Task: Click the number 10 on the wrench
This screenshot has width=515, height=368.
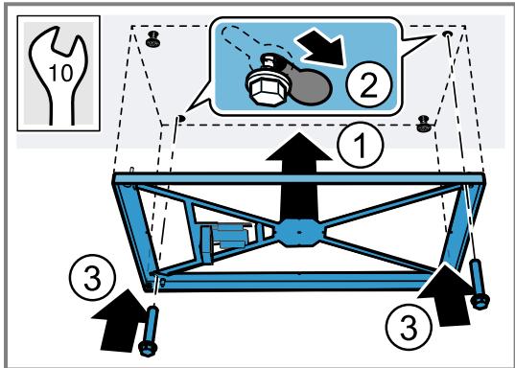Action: tap(61, 73)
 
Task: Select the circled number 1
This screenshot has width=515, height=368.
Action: tap(361, 145)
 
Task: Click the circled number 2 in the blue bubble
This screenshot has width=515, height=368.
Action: tap(369, 84)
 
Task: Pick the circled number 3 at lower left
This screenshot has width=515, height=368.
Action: tap(92, 277)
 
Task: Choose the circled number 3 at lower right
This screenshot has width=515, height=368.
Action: tap(409, 327)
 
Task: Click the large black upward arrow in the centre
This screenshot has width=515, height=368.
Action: tap(299, 177)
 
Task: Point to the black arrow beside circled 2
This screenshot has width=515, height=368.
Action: tap(321, 48)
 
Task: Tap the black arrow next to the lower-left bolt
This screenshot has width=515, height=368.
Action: tap(119, 320)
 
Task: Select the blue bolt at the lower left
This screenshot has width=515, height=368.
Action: tap(150, 331)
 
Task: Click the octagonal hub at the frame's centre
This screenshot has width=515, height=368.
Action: tap(298, 233)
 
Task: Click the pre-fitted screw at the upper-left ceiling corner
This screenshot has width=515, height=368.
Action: tap(152, 39)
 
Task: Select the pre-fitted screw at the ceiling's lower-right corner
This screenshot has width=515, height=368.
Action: tap(424, 124)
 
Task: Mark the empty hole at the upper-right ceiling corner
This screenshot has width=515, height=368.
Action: tap(447, 34)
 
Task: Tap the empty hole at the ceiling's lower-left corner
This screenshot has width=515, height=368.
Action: tap(180, 118)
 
